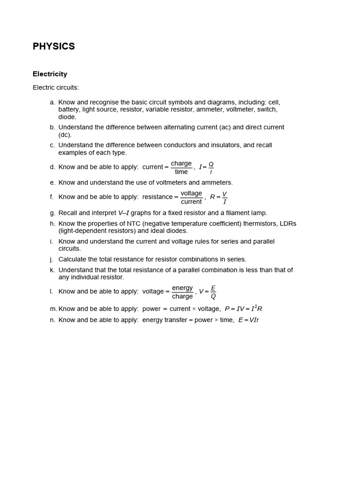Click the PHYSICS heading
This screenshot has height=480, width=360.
53,46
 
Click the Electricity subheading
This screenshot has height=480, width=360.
50,74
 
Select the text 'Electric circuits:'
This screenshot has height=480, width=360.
56,88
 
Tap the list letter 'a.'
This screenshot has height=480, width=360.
52,102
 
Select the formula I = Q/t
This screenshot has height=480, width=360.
206,167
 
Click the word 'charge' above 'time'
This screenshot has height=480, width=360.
181,163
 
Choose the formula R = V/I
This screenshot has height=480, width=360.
218,197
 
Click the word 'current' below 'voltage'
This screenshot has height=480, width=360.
191,202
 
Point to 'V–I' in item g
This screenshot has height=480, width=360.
123,213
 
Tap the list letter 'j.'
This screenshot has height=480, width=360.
52,259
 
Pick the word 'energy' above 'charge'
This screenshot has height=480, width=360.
182,288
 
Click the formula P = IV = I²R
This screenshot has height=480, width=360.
243,309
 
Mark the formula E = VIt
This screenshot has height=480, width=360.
248,320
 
